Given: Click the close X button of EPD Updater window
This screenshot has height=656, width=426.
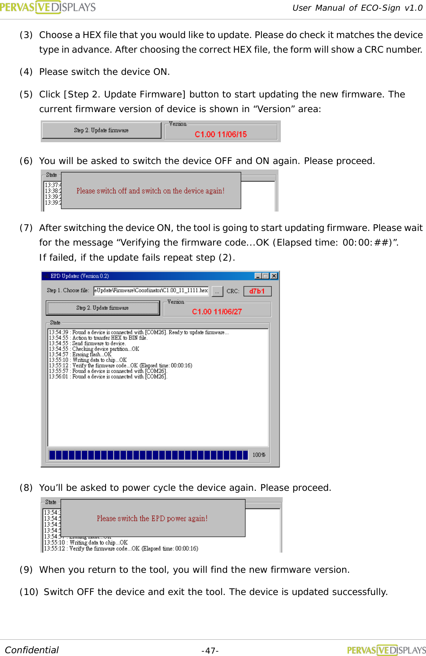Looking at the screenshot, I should (x=274, y=276).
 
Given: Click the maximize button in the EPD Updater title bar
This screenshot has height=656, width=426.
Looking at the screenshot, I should (x=266, y=276).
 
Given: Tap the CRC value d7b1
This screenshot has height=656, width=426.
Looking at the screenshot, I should (x=257, y=291).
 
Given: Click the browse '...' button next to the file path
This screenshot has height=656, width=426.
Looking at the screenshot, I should (x=217, y=291).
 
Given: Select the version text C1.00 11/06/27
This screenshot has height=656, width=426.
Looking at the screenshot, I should (x=217, y=311).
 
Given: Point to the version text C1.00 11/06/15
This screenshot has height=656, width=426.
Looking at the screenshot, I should (x=221, y=134).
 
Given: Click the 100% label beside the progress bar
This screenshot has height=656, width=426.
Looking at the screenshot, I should (x=259, y=455).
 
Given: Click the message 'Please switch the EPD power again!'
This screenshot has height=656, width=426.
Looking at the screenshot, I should (x=152, y=518).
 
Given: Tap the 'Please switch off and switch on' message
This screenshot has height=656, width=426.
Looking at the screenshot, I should (x=150, y=191).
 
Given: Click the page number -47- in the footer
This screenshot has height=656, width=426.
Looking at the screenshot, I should (x=210, y=650).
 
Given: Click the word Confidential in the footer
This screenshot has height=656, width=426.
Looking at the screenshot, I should (x=32, y=650).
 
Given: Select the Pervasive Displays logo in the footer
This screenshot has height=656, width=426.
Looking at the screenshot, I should (x=386, y=650).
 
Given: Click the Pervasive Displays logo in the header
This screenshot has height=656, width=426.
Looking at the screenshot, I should (x=47, y=7).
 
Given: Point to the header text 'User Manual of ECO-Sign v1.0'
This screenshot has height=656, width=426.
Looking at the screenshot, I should (x=357, y=8).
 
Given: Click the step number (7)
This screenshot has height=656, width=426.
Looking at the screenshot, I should (x=26, y=228).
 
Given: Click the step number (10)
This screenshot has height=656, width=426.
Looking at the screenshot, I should (x=28, y=592).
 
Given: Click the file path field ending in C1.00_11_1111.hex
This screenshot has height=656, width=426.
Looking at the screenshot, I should (x=151, y=291).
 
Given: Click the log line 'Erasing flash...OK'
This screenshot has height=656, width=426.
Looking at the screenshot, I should (x=92, y=355).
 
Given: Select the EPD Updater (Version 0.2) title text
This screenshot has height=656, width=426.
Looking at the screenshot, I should (x=80, y=276).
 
